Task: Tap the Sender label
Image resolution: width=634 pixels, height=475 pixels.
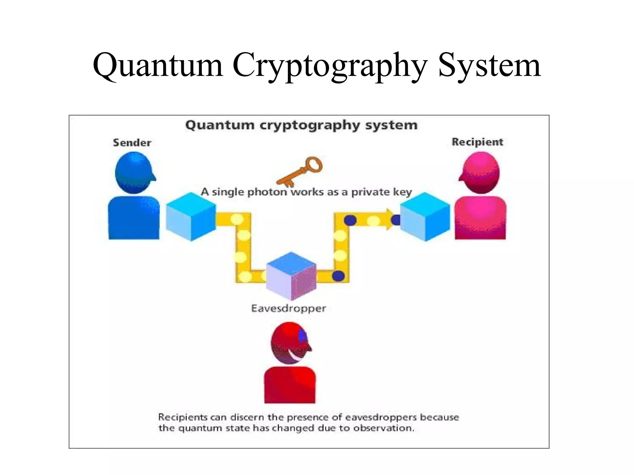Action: click(x=132, y=143)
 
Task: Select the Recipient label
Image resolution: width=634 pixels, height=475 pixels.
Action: click(x=477, y=142)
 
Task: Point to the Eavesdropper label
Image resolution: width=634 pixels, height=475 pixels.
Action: click(x=289, y=308)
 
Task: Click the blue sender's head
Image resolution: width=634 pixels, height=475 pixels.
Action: click(x=135, y=173)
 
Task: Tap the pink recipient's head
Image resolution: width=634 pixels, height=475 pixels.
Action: click(x=480, y=173)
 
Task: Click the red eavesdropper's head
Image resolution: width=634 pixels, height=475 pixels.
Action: click(x=290, y=343)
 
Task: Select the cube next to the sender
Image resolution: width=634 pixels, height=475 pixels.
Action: click(x=191, y=217)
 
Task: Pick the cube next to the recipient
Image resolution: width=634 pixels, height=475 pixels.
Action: click(x=425, y=217)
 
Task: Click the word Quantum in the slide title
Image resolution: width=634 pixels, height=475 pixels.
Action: click(x=158, y=66)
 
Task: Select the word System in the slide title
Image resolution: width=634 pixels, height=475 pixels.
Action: click(x=489, y=66)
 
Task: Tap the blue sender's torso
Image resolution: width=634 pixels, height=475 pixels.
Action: click(x=134, y=218)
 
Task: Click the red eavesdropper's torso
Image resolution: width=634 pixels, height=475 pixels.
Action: click(x=290, y=385)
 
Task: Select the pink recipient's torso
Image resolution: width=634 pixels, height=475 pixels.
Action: click(x=480, y=218)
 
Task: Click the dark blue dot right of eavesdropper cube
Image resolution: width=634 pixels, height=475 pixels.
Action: click(x=338, y=276)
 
